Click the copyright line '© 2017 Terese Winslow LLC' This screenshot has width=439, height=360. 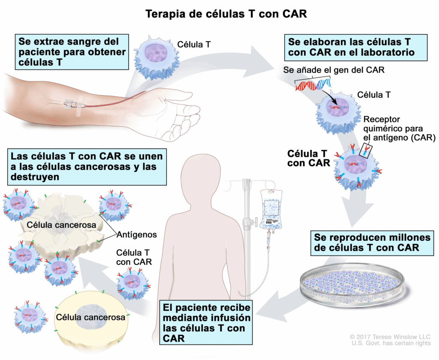(390, 336)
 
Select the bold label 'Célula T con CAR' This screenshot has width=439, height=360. (308, 158)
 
